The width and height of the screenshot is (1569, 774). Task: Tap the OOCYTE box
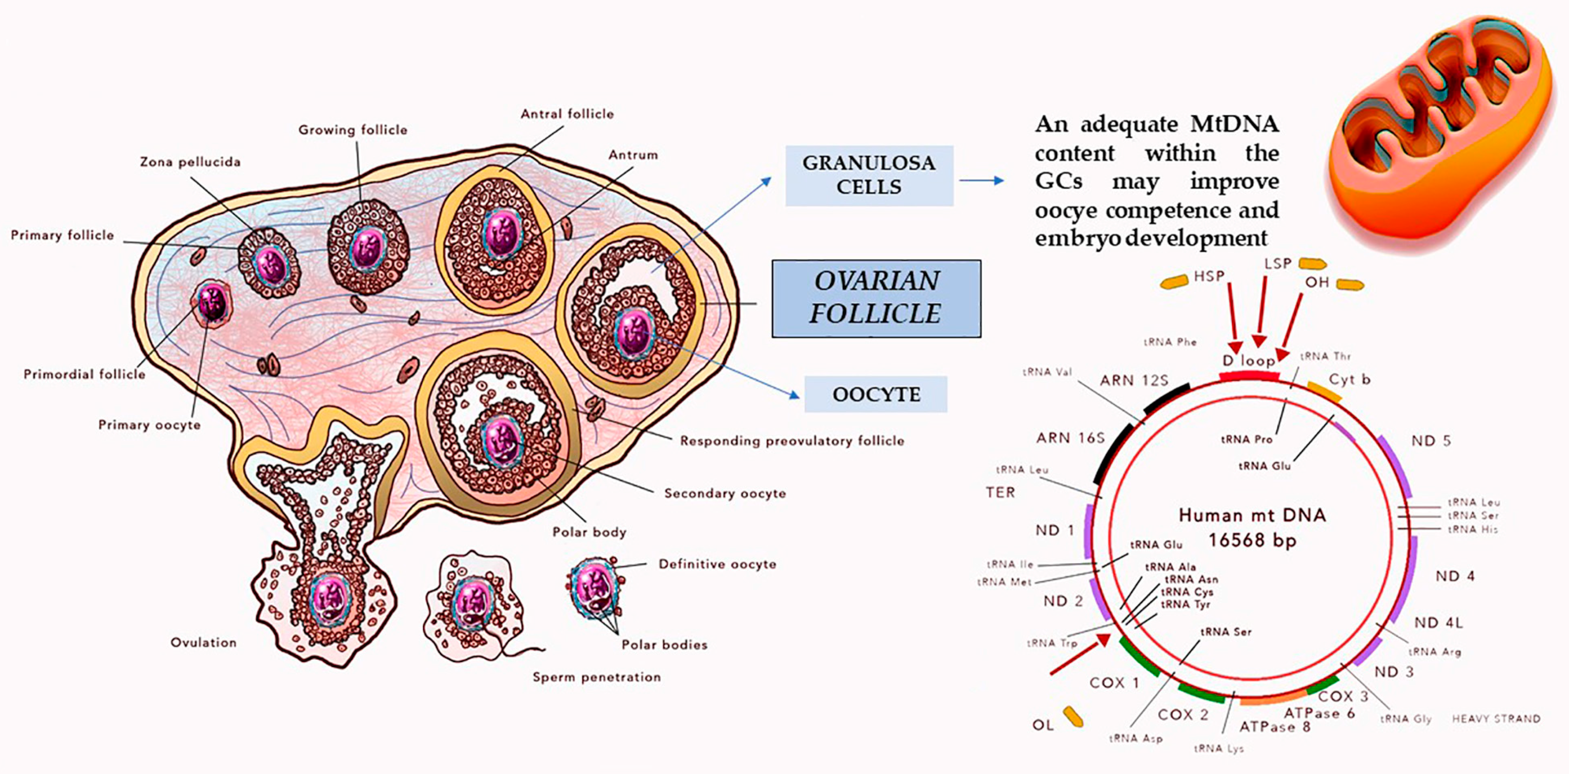coord(876,394)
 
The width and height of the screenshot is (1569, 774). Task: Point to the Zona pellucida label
coord(190,162)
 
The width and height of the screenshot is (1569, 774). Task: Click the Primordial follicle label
coord(84,374)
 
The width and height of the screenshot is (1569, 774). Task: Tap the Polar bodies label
coord(664,645)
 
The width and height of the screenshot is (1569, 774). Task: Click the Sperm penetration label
coord(596,677)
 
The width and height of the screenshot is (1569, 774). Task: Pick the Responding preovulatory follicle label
coord(792,441)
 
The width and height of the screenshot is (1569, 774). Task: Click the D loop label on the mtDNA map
coord(1249,361)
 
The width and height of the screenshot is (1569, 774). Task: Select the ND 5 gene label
coord(1431,441)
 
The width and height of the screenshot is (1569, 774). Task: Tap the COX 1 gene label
coord(1114,682)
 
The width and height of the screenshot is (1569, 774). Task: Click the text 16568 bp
coord(1252,540)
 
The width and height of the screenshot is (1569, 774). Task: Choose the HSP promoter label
coord(1209,276)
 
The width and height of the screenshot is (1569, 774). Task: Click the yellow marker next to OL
coord(1073,717)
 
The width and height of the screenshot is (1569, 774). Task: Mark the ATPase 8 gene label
coord(1275,727)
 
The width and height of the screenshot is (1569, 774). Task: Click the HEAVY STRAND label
coord(1496,719)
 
